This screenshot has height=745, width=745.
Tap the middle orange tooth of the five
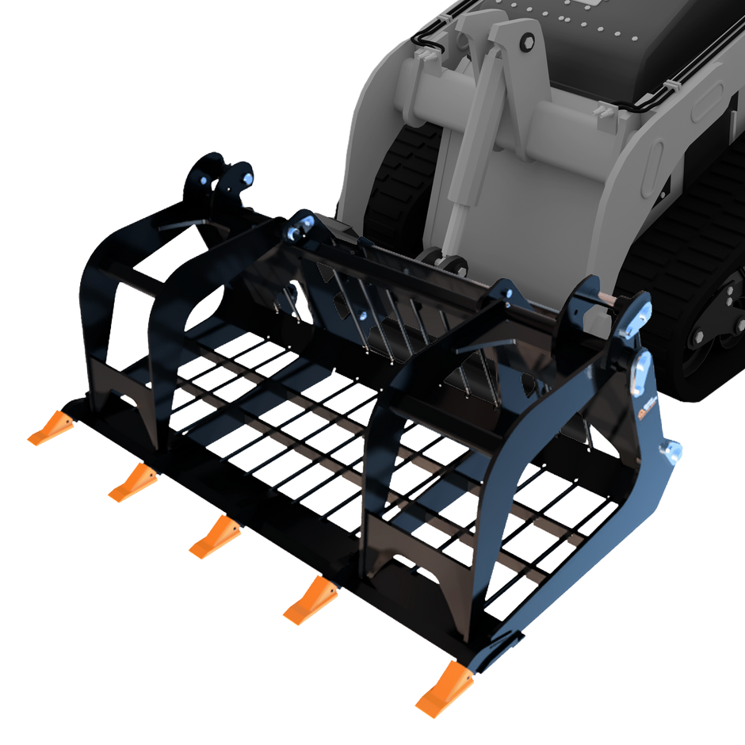214,539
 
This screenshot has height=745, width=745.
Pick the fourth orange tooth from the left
310,602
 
